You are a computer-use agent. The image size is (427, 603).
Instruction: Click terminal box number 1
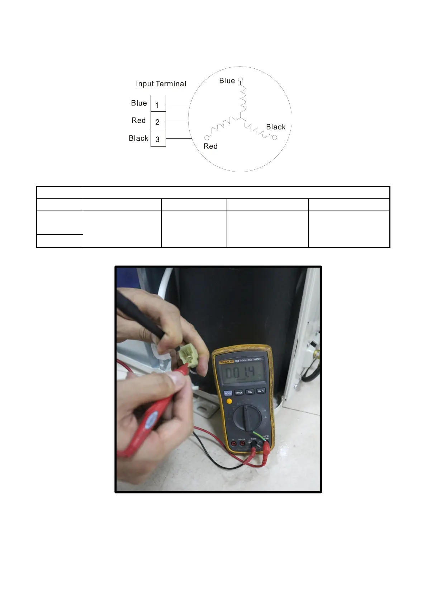click(x=158, y=104)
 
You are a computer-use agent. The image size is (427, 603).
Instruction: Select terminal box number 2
click(x=158, y=121)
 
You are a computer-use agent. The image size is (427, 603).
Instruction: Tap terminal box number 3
click(x=158, y=139)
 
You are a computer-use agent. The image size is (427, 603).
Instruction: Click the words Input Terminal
click(x=161, y=84)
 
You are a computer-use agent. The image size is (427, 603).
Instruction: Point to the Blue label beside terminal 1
click(x=139, y=103)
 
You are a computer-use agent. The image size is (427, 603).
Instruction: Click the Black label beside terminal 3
click(x=138, y=138)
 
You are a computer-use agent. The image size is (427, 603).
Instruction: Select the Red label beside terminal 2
click(x=139, y=120)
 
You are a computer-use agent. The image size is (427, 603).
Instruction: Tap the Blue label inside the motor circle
click(x=227, y=81)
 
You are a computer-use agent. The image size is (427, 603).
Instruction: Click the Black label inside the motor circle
click(x=276, y=127)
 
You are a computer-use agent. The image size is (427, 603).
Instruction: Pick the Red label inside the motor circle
click(x=210, y=146)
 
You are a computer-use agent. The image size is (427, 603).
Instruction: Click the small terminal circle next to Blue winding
click(x=241, y=79)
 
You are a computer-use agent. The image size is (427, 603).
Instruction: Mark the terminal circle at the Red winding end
click(x=207, y=138)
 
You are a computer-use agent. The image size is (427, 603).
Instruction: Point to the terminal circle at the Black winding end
click(x=275, y=138)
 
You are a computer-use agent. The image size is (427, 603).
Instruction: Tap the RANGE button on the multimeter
click(x=239, y=392)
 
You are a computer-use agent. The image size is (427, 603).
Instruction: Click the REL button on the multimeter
click(x=250, y=392)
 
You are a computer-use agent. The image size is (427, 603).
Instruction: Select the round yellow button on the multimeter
click(x=229, y=401)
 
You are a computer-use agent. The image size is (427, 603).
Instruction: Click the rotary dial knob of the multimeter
click(x=247, y=418)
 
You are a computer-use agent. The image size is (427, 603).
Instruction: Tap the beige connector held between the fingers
click(x=188, y=355)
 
